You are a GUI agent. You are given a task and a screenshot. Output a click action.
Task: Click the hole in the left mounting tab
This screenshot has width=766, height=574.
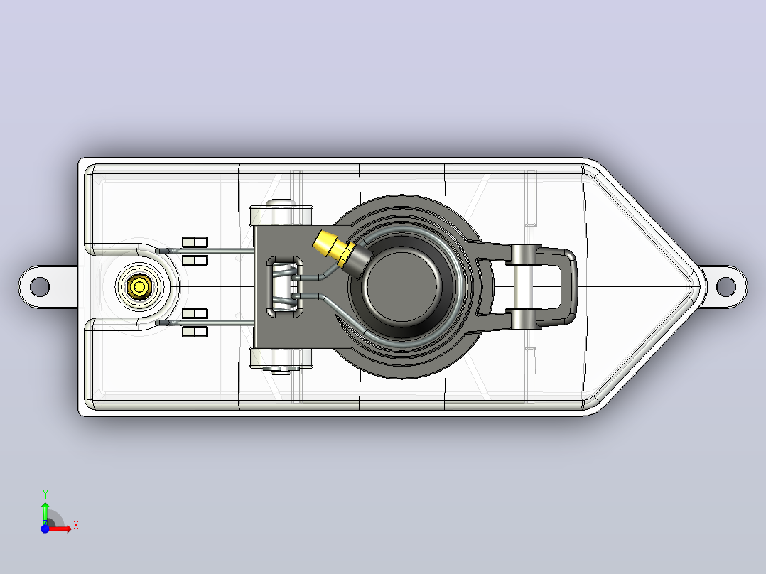coord(40,287)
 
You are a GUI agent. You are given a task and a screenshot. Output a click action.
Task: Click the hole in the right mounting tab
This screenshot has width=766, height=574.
coord(726,287)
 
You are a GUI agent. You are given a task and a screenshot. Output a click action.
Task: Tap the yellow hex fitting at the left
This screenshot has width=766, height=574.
coord(139,286)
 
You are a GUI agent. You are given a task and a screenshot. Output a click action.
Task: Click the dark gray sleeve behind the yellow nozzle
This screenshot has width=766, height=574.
coord(357,259)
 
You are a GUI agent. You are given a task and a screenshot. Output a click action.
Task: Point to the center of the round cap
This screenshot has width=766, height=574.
coord(401,286)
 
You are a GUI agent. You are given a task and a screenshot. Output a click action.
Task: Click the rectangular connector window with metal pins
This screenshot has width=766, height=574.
coord(284,287)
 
